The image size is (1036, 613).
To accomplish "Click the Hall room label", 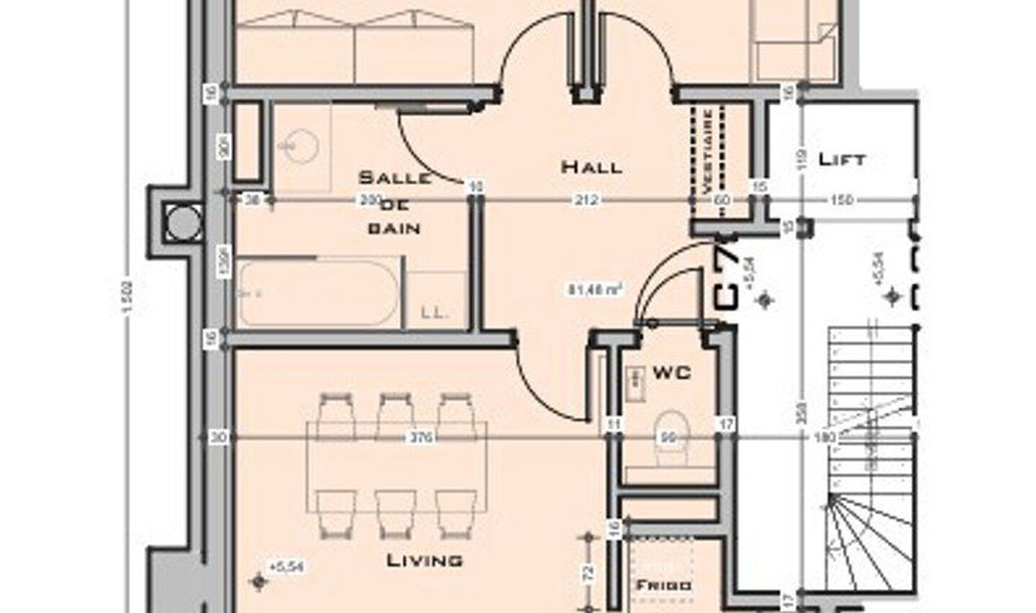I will (x=591, y=167).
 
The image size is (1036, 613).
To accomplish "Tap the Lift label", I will (x=842, y=159).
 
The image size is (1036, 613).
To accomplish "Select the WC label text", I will (x=671, y=372).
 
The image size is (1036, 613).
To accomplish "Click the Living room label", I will (x=424, y=560).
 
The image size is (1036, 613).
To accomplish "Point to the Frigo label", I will (x=663, y=586).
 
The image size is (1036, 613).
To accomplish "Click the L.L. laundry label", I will (x=435, y=312).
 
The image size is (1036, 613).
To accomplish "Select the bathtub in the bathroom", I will (x=317, y=293).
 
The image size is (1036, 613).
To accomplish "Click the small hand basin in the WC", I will (x=635, y=382).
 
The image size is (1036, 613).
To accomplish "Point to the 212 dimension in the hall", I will (x=586, y=200).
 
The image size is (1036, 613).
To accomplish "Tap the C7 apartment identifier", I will (x=727, y=276).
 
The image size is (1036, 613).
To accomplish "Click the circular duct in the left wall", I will (x=177, y=222).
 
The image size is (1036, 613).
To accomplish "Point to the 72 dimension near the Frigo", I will (x=589, y=573).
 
